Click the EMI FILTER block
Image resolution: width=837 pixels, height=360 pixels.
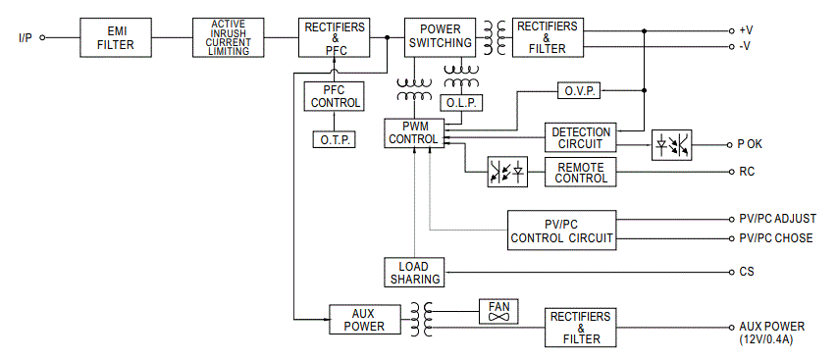(110, 37)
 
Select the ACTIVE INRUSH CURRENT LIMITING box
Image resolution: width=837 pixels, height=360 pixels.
(229, 37)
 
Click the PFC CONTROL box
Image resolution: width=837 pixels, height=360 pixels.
(335, 95)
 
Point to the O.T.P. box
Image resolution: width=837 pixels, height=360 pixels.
(335, 139)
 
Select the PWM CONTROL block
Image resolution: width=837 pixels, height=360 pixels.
(413, 133)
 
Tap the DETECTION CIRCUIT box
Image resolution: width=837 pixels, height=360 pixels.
(581, 138)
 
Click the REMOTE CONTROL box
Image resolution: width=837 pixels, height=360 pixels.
(581, 172)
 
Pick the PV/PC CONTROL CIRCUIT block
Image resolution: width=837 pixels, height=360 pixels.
(561, 231)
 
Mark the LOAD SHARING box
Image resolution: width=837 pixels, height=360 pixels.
(413, 273)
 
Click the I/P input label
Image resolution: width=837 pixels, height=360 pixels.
(26, 38)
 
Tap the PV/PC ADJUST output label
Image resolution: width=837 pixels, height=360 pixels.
(776, 219)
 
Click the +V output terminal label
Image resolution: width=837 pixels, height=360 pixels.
(747, 30)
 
